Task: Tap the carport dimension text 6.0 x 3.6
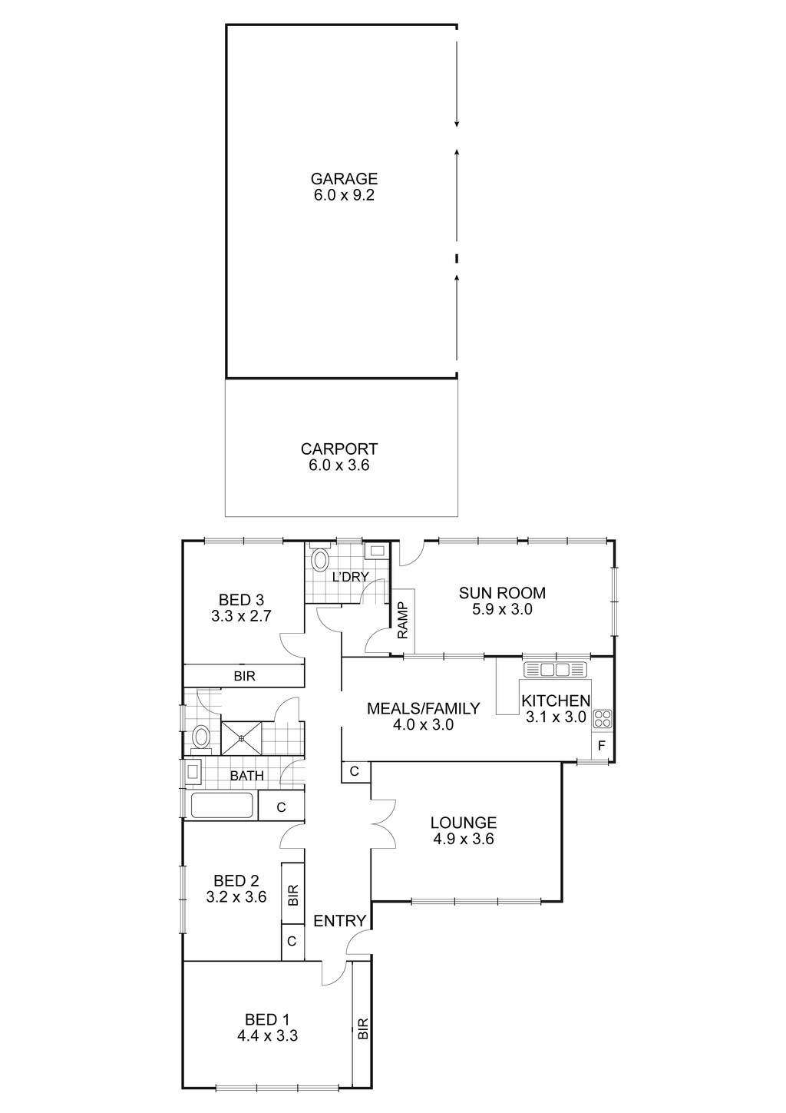[x=339, y=465]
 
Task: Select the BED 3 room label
[x=241, y=599]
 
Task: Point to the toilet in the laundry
[x=320, y=560]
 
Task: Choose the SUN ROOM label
[x=502, y=593]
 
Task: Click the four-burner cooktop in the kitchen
[x=602, y=719]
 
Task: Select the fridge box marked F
[x=601, y=746]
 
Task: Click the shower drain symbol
[x=242, y=738]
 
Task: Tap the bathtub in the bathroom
[x=221, y=807]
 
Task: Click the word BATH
[x=246, y=776]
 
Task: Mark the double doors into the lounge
[x=381, y=823]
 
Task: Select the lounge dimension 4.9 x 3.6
[x=463, y=840]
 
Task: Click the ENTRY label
[x=340, y=921]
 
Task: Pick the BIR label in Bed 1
[x=362, y=1029]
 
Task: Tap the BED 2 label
[x=236, y=880]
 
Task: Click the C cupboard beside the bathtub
[x=281, y=807]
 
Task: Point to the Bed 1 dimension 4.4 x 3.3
[x=267, y=1035]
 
